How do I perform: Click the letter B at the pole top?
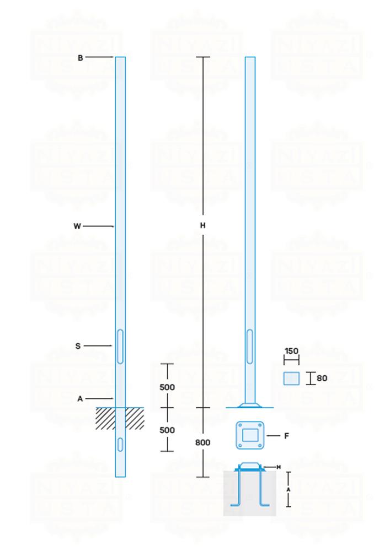click(81, 57)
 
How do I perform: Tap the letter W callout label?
click(77, 226)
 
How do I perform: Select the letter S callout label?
click(78, 346)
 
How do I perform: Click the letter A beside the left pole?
click(81, 398)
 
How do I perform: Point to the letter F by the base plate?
click(287, 436)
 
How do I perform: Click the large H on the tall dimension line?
click(203, 225)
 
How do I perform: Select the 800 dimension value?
click(203, 442)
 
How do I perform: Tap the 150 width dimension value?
click(291, 351)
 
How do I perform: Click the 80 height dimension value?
click(322, 379)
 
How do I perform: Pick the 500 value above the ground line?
click(167, 387)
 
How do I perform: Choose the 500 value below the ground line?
click(167, 430)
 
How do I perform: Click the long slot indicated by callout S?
click(120, 346)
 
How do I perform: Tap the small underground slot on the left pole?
click(120, 444)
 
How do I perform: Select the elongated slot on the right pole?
click(250, 346)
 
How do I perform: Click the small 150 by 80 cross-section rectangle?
click(291, 379)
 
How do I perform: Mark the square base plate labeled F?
click(250, 436)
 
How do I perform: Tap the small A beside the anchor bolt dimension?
click(288, 489)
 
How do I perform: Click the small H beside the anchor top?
click(279, 467)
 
